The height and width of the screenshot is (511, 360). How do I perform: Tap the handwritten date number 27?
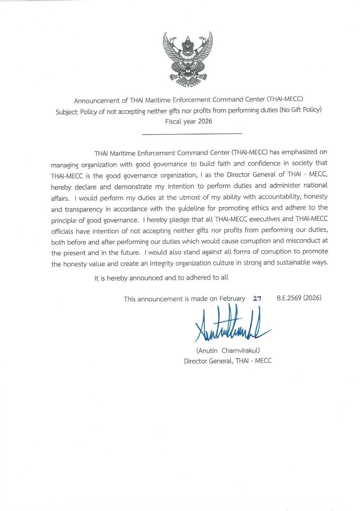click(257, 298)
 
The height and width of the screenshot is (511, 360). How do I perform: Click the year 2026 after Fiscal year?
click(205, 121)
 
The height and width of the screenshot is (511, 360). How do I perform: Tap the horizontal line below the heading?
click(192, 134)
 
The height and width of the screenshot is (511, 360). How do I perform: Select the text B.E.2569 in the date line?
click(289, 298)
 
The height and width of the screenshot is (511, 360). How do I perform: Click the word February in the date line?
click(232, 298)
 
